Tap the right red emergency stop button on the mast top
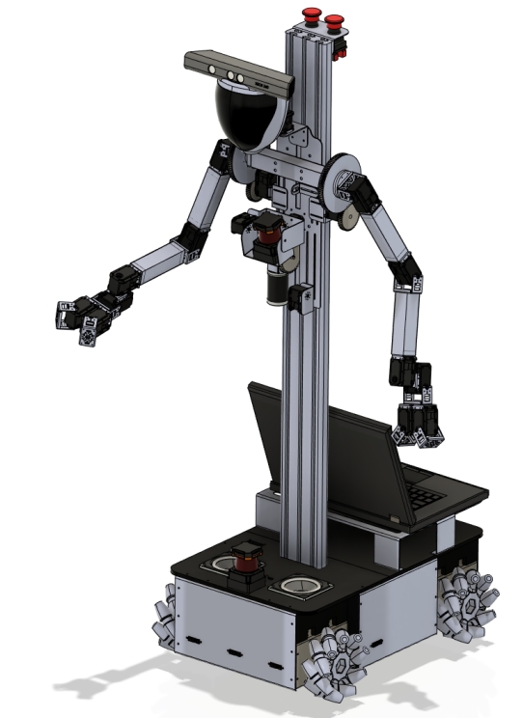335,20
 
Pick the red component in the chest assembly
268,231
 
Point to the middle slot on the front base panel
232,651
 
